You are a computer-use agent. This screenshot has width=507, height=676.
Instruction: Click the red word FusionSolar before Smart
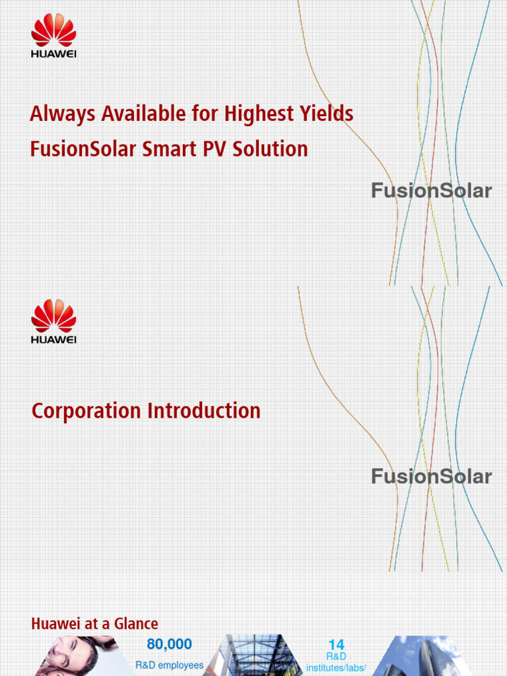click(83, 149)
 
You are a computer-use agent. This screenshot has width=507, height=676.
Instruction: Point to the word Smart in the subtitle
click(164, 149)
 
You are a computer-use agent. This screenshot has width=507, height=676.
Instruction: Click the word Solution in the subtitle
click(267, 149)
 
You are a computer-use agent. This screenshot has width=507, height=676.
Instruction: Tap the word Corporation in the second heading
click(86, 411)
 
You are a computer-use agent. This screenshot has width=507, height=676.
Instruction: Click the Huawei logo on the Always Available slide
click(53, 39)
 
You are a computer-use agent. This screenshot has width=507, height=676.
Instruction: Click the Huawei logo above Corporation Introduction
click(53, 321)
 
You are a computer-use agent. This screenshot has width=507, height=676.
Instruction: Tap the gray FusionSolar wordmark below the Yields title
click(431, 191)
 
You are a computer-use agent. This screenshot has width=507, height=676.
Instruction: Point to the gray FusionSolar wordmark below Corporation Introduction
click(431, 477)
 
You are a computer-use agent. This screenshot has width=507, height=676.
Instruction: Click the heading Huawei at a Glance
click(94, 623)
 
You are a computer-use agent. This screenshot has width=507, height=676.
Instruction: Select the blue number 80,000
click(169, 644)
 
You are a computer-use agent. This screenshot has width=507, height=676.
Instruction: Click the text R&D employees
click(169, 665)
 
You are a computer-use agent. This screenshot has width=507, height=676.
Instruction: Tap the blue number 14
click(336, 645)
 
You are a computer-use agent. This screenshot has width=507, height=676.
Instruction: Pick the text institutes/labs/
click(336, 668)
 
